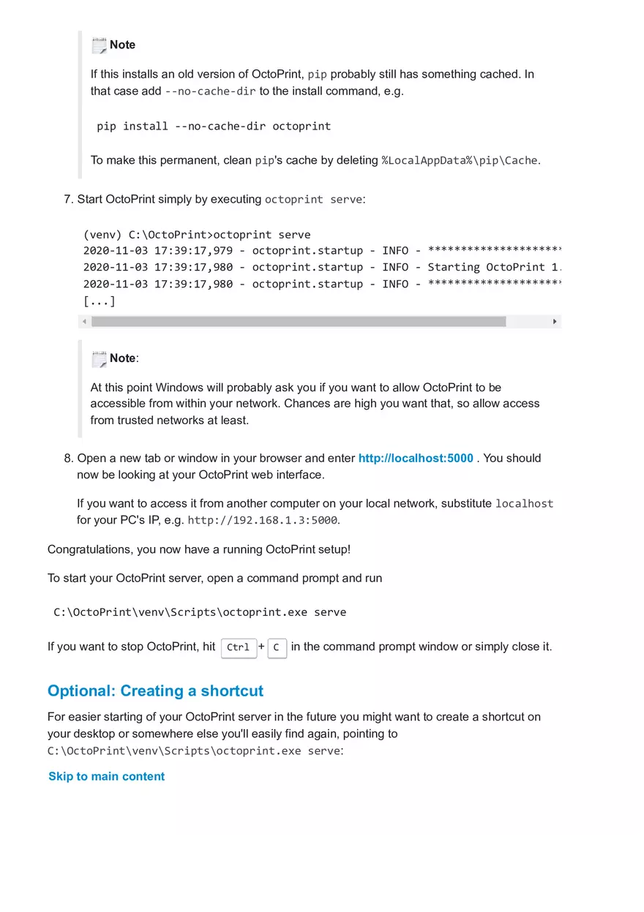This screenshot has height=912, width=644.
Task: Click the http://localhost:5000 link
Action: click(x=416, y=459)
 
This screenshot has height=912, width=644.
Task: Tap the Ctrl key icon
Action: click(x=239, y=648)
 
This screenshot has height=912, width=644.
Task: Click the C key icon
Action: click(x=277, y=648)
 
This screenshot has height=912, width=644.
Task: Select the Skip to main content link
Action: click(x=106, y=777)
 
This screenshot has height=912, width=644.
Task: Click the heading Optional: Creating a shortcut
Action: click(x=155, y=691)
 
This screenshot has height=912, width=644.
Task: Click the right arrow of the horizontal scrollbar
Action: click(x=555, y=321)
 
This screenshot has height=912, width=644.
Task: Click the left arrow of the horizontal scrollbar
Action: click(x=84, y=321)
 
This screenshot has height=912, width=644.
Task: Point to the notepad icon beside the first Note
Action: click(x=99, y=45)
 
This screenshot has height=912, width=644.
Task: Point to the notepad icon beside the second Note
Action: click(x=99, y=359)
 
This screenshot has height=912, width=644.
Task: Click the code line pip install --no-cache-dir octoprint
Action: click(x=214, y=127)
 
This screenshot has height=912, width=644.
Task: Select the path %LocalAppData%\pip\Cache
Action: click(x=460, y=161)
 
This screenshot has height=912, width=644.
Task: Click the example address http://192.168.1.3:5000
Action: click(x=263, y=521)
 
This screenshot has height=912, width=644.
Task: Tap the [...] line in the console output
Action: click(x=100, y=301)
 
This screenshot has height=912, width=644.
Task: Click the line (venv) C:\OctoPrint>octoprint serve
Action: click(x=197, y=235)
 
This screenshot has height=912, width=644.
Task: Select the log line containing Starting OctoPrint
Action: click(x=322, y=268)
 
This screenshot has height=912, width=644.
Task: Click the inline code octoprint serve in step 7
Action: click(x=313, y=200)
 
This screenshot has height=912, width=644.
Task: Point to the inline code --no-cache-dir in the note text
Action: click(x=210, y=92)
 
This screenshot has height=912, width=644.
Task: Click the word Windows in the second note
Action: click(x=179, y=388)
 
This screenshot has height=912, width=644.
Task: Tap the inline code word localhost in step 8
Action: click(x=524, y=504)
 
